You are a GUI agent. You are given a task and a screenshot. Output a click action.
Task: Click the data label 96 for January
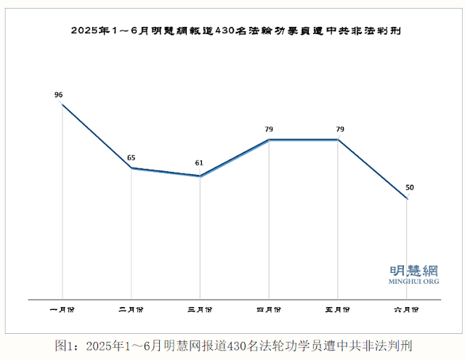pos(59,94)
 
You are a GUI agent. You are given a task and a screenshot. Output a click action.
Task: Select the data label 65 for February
pos(131,157)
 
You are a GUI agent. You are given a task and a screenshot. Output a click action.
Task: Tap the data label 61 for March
pos(199,163)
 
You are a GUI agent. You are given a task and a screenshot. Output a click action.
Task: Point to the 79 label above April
pos(268,129)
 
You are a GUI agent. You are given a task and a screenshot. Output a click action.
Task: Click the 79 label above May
pos(339,129)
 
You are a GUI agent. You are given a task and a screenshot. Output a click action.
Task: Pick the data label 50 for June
pos(410,188)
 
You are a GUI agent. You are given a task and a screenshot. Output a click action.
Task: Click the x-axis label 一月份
pos(62,310)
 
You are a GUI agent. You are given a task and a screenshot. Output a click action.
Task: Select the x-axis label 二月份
pos(131,310)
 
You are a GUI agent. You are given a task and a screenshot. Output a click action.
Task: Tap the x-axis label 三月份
pos(200,310)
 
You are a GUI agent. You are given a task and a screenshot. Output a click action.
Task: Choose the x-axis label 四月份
pos(269,310)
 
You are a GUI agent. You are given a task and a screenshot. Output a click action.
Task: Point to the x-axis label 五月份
pos(338,310)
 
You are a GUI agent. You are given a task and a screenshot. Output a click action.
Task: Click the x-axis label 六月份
pos(407,310)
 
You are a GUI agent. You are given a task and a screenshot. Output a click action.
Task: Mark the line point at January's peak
pos(62,105)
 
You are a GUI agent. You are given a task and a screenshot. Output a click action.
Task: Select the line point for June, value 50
pos(407,199)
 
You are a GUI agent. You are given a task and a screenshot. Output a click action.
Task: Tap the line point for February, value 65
pos(131,168)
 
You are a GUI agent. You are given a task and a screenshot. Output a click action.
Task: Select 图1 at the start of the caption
pos(65,343)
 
